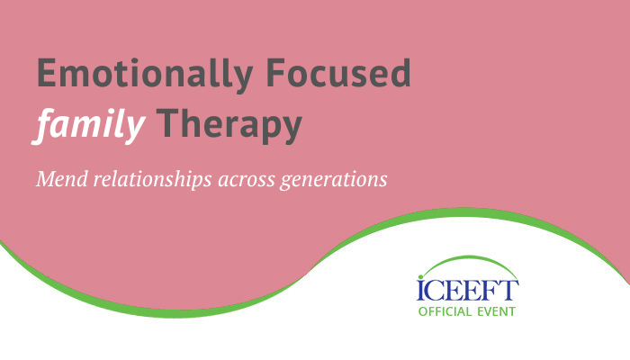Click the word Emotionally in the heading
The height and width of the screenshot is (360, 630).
145,75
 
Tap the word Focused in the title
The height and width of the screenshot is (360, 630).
338,72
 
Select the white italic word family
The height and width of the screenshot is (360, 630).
89,125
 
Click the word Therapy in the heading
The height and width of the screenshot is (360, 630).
229,124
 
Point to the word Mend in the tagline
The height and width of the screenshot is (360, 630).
62,179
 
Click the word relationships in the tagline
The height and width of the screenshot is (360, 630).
153,180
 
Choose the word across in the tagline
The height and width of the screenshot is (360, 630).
247,180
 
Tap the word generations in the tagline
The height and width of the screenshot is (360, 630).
334,180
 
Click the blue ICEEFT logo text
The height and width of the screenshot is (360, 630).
468,290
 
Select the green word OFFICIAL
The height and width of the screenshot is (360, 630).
445,311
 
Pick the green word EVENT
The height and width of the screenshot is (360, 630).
496,311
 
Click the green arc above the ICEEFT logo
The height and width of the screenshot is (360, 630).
468,256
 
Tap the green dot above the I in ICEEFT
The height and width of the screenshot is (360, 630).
420,277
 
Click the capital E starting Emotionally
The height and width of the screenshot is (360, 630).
46,73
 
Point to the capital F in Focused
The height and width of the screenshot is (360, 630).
275,73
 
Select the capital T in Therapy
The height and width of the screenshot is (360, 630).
166,123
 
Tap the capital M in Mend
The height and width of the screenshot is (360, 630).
45,179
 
